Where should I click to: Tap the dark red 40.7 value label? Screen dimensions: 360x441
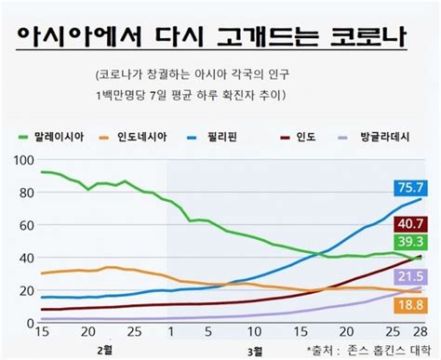coord(410,224)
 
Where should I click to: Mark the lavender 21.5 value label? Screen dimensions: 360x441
coord(410,276)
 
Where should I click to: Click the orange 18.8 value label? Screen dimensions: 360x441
coord(410,304)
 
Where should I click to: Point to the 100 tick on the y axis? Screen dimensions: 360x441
coord(21,161)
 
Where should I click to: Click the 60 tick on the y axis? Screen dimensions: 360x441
coord(25,225)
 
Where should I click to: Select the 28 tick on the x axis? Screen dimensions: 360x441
coord(419,332)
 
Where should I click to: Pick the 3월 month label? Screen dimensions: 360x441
coord(254,350)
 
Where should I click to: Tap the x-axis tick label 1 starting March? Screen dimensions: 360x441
coord(168,332)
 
